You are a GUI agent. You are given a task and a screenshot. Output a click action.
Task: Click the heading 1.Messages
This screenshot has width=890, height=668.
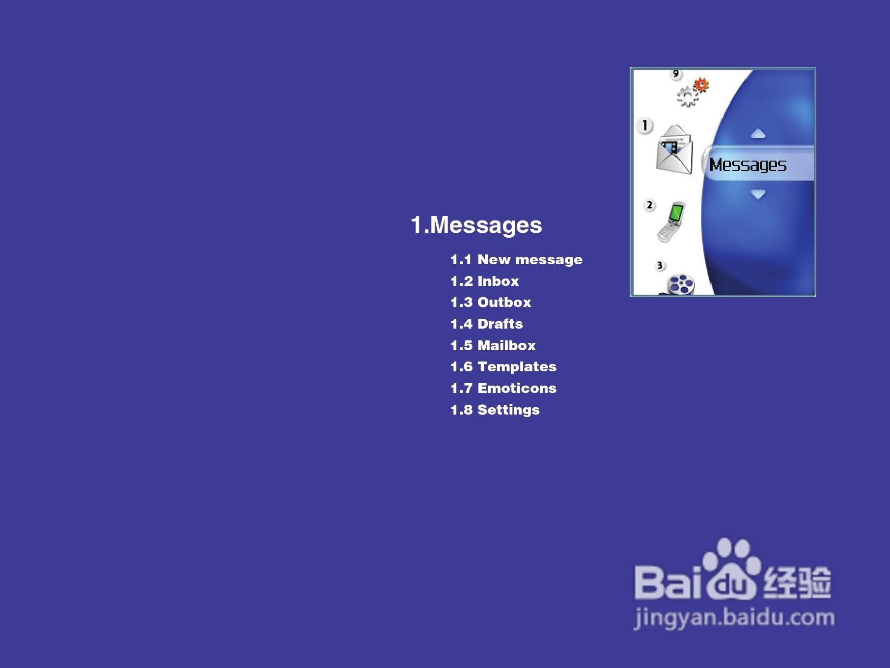(476, 225)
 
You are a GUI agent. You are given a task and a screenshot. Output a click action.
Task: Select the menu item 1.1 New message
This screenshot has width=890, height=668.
(516, 260)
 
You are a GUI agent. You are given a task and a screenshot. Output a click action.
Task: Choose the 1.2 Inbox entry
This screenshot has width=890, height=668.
(485, 281)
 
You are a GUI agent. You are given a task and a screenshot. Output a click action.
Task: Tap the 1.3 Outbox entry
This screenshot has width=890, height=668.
(491, 303)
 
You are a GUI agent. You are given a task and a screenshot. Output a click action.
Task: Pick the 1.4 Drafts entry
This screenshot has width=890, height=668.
(487, 324)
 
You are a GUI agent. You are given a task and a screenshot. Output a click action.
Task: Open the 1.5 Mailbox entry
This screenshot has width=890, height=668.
(493, 345)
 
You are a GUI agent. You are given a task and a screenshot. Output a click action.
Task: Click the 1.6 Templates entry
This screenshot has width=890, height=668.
(503, 367)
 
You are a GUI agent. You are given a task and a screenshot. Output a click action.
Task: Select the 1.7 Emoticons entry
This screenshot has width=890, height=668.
(503, 388)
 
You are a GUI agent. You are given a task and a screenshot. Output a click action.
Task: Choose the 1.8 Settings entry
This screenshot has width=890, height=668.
(495, 410)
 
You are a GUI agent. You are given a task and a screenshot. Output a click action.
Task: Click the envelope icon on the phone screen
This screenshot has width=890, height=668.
(674, 149)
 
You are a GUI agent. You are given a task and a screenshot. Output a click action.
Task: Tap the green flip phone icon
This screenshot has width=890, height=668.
(672, 222)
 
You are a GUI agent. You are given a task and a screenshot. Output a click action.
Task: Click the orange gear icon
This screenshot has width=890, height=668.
(701, 85)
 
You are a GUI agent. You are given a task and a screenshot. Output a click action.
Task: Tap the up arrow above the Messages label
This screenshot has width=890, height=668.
(758, 134)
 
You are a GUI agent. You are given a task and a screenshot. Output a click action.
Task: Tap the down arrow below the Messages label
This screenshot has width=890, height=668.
(758, 195)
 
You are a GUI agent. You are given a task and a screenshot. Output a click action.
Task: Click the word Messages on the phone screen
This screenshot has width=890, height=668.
(748, 165)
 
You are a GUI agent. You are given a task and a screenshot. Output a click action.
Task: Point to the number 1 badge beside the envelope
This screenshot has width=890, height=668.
(645, 126)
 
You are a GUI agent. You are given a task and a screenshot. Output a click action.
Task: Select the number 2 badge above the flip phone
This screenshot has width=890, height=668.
(649, 205)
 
